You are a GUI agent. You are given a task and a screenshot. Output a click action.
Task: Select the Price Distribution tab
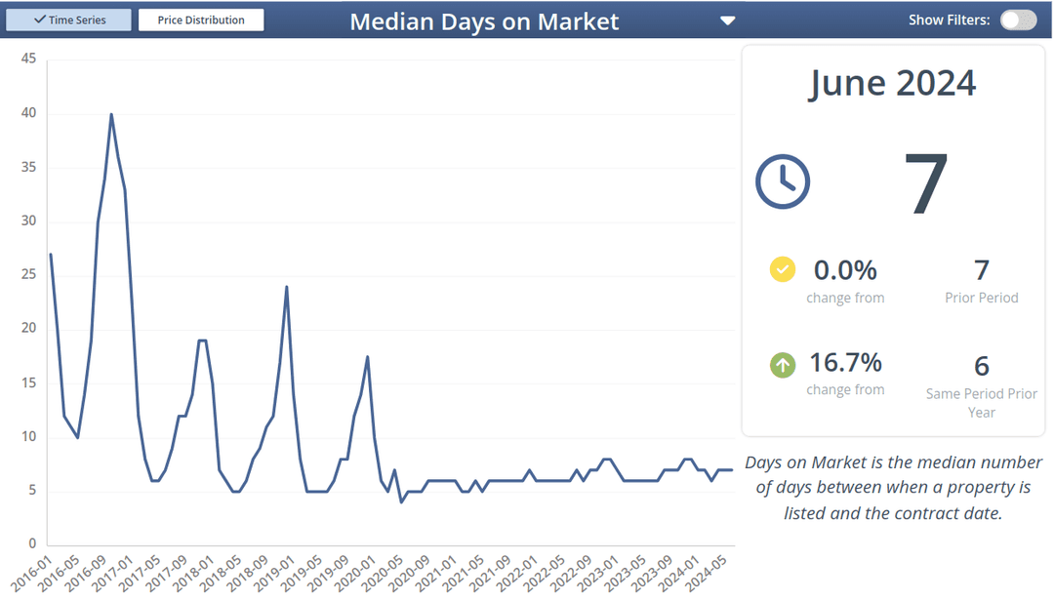click(x=201, y=20)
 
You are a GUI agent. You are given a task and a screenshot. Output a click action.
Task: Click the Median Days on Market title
click(x=484, y=21)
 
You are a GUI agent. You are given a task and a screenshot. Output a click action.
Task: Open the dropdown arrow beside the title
click(x=727, y=20)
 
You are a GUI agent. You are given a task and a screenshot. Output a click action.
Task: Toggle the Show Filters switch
click(x=1018, y=20)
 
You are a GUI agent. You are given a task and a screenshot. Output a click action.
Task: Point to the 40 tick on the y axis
click(x=29, y=113)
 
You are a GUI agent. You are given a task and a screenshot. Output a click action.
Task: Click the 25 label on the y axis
click(x=29, y=275)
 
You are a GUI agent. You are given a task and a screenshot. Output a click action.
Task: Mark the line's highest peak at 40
click(x=111, y=114)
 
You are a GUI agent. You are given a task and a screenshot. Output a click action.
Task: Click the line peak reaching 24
click(x=286, y=287)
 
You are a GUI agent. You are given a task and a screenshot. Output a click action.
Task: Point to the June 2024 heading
click(x=892, y=83)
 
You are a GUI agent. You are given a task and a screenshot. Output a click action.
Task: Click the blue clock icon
click(x=783, y=181)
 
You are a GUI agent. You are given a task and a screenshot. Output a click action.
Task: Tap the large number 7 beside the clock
click(x=925, y=183)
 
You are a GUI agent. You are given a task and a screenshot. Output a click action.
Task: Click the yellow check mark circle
click(x=783, y=269)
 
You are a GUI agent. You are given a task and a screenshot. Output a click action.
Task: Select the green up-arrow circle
click(x=783, y=365)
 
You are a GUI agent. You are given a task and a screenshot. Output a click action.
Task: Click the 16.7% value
click(x=845, y=363)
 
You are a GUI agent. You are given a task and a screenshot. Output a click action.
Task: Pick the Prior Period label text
click(x=981, y=298)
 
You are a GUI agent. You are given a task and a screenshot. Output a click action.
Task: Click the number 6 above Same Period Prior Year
click(x=981, y=366)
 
